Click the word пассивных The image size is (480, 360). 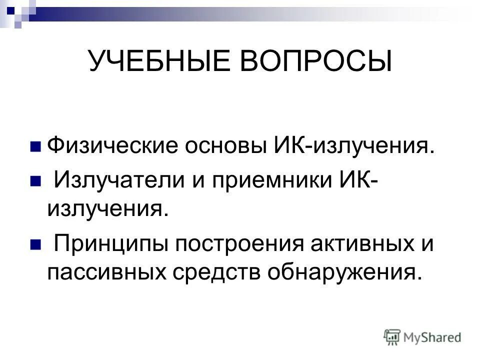104,272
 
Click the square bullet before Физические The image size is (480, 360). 35,147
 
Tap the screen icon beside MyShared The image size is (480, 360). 392,336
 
